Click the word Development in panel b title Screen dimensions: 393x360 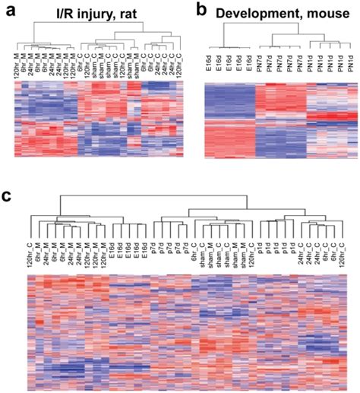click(x=257, y=12)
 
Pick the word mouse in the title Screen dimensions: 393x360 click(x=326, y=12)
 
